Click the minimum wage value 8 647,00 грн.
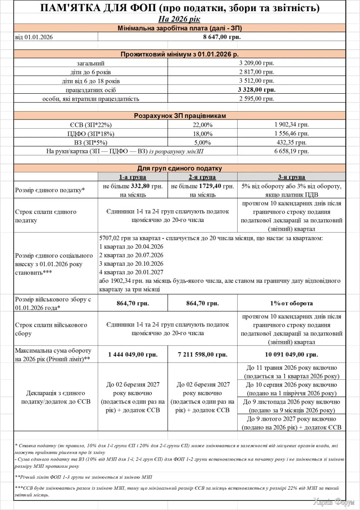click(x=222, y=37)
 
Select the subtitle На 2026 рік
click(x=179, y=19)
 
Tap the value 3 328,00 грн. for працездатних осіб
click(x=257, y=90)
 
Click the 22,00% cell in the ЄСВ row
click(x=202, y=125)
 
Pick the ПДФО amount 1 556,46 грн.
click(x=291, y=133)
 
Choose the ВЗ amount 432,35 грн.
click(x=291, y=142)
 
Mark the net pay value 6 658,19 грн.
click(x=291, y=151)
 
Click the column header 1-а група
click(x=132, y=177)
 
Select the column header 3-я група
click(x=291, y=177)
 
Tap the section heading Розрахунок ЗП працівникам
click(x=179, y=116)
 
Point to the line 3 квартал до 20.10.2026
click(x=131, y=264)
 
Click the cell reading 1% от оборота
click(x=291, y=303)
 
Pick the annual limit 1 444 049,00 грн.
click(x=132, y=354)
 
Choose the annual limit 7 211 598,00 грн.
click(x=202, y=354)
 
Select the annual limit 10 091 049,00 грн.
click(x=291, y=354)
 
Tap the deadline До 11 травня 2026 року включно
click(x=291, y=368)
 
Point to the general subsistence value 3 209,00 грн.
click(x=257, y=63)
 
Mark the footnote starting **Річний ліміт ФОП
click(x=83, y=477)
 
